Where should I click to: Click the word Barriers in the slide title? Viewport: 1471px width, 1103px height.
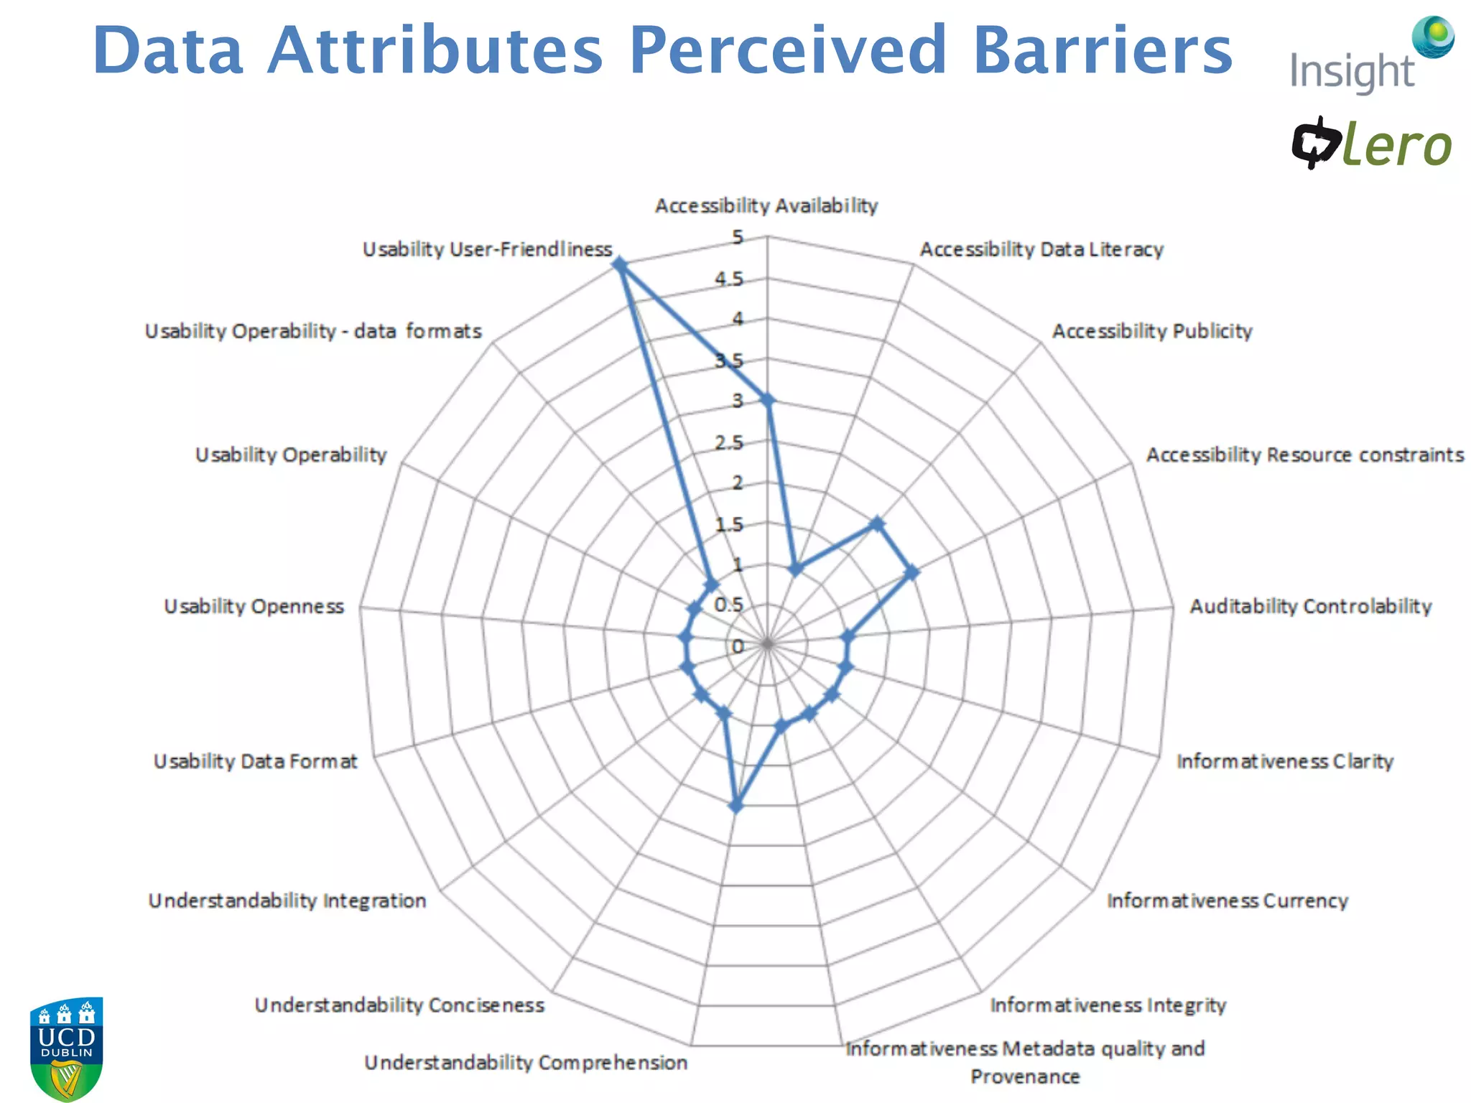pos(1102,50)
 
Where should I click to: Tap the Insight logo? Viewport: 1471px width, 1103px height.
pos(1369,57)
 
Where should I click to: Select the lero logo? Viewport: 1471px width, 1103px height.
pos(1372,144)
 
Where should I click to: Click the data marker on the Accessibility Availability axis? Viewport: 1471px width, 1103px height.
pos(767,401)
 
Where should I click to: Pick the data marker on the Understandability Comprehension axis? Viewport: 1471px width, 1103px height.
pos(736,806)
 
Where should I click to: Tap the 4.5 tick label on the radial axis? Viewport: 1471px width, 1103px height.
pos(728,279)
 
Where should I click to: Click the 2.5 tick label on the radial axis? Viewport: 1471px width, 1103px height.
pos(728,442)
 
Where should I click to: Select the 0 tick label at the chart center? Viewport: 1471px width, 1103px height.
pos(738,646)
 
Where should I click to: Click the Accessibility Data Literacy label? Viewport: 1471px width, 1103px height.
pos(1041,249)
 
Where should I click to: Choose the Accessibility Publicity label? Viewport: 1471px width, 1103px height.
pos(1152,331)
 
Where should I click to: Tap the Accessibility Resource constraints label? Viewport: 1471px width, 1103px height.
pos(1304,455)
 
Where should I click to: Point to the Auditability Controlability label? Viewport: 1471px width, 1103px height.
pos(1310,606)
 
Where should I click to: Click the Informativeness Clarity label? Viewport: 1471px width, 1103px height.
pos(1284,761)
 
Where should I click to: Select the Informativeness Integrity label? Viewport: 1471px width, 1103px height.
pos(1108,1005)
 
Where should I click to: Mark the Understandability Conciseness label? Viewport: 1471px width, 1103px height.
pos(399,1005)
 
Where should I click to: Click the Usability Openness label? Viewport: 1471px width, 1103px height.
pos(254,606)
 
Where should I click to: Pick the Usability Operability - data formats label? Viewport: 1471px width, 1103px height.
pos(313,331)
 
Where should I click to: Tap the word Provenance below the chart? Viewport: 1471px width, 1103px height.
pos(1025,1076)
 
